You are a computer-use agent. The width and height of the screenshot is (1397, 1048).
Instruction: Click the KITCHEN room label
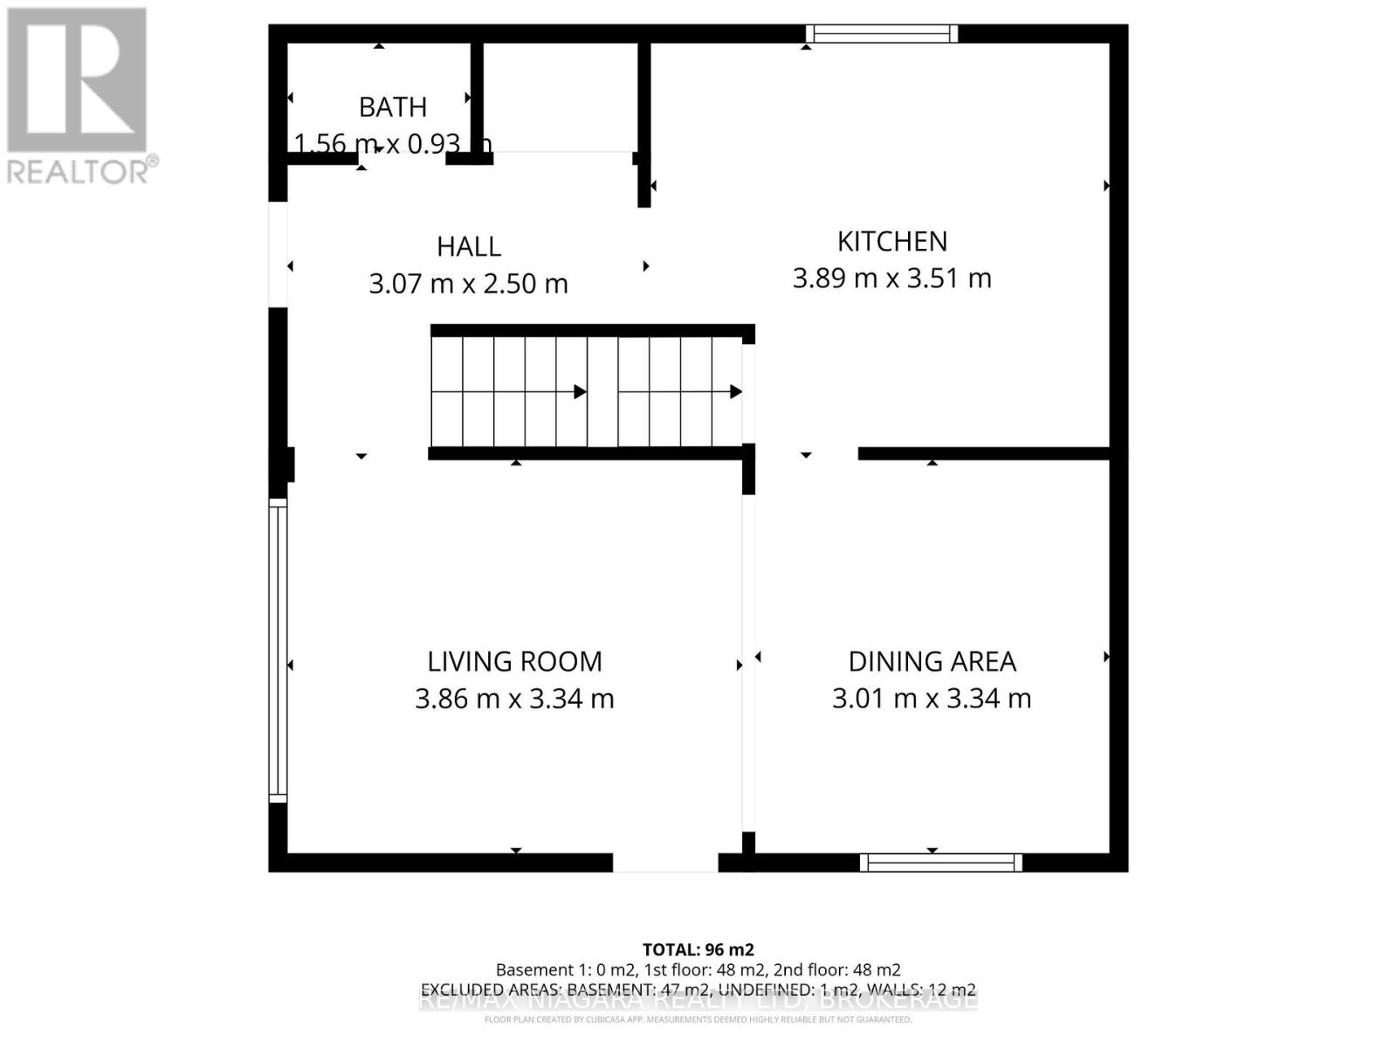point(891,241)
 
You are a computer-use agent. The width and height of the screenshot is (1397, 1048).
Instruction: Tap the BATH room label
point(393,107)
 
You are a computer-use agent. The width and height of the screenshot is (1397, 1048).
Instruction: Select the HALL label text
point(469,246)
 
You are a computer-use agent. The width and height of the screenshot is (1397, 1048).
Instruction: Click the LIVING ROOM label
point(514,661)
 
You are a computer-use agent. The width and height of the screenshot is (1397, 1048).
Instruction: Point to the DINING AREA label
point(932,661)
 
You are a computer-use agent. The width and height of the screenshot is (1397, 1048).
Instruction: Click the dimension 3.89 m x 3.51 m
point(891,279)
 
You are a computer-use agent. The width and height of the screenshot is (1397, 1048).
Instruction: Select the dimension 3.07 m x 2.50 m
point(468,284)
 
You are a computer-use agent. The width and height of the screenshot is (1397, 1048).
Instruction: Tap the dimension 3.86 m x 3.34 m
point(514,699)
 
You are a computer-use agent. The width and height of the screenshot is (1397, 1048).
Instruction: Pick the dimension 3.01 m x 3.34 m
point(932,699)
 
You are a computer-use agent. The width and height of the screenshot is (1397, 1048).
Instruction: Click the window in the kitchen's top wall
point(881,34)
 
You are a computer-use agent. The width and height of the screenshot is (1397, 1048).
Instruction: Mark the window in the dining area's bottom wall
point(940,863)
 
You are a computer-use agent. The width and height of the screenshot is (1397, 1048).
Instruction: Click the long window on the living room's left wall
point(277,651)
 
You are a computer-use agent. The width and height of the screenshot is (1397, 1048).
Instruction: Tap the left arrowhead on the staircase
point(580,392)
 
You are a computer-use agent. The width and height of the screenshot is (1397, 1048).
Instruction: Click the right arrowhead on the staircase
point(736,392)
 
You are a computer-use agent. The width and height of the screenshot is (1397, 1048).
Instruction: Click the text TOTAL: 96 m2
point(698,949)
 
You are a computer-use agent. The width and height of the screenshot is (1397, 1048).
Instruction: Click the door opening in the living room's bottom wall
point(664,863)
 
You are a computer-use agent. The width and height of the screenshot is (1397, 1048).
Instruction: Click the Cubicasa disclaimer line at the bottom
point(698,1019)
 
